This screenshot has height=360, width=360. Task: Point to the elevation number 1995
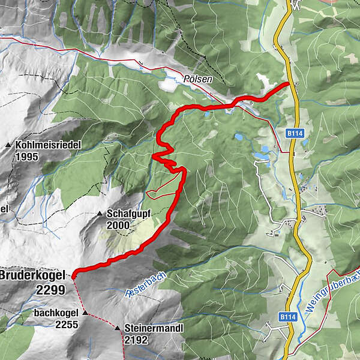[28, 157]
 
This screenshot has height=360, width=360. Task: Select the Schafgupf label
[128, 214]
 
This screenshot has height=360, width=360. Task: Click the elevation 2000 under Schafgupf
[119, 226]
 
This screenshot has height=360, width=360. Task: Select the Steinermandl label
[154, 328]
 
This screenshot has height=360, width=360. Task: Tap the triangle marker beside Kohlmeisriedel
[8, 145]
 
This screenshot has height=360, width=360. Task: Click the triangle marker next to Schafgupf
[100, 214]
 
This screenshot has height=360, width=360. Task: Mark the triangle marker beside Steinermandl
[117, 328]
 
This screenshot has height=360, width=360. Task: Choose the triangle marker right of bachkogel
[85, 313]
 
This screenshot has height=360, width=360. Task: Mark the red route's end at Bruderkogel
[73, 275]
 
